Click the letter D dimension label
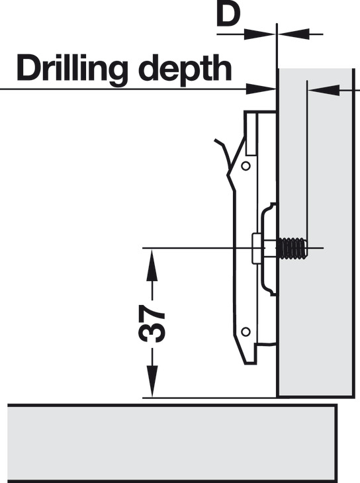coord(228,15)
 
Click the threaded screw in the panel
coord(292,248)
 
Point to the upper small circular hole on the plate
coord(246,166)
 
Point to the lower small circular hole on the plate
coord(246,331)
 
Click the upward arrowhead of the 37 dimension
coord(152,264)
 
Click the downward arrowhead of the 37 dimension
coord(152,381)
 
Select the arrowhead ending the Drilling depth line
coord(261,89)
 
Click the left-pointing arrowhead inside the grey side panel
coord(324,90)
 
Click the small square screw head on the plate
coord(257,248)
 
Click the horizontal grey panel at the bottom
coord(172,443)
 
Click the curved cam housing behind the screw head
coord(267,249)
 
